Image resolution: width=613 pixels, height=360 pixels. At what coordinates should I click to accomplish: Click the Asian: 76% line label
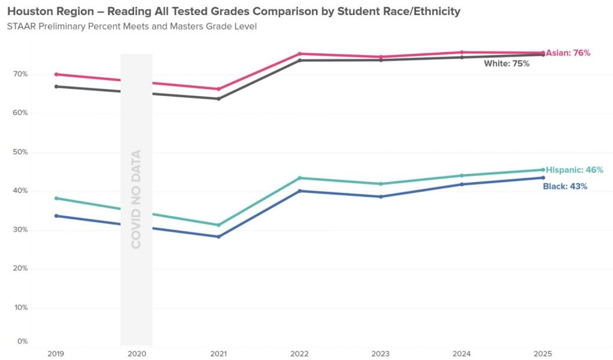coord(568,53)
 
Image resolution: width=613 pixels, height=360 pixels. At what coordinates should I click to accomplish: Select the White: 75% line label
coord(506,63)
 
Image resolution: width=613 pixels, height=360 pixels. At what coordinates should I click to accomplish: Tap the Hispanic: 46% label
coord(573,170)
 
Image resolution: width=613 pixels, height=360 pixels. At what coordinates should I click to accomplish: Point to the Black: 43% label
coord(565,186)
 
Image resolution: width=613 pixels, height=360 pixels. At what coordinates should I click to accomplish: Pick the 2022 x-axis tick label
coord(299,353)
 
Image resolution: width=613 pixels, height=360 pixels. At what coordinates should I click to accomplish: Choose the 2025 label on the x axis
coord(542,353)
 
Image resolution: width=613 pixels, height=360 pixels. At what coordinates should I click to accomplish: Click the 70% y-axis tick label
coord(20,74)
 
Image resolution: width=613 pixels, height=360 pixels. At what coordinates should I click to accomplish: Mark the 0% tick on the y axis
coord(23,341)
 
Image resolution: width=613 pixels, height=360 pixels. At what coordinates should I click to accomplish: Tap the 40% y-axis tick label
coord(20,191)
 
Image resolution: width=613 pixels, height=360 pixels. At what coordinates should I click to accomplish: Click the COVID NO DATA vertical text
coord(136,199)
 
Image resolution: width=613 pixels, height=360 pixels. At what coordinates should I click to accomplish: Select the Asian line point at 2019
coord(56,74)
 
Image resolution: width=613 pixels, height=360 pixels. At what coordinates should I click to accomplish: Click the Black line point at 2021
coord(219,237)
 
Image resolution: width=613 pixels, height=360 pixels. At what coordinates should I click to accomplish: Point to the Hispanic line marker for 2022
coord(299,178)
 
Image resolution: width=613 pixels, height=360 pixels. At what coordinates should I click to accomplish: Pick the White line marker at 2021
coord(219,98)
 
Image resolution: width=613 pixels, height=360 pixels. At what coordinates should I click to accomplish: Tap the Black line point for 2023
coord(381,196)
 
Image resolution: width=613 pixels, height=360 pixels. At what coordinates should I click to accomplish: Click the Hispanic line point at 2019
coord(56,198)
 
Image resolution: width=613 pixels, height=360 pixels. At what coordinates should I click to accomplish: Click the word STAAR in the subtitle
coord(21,27)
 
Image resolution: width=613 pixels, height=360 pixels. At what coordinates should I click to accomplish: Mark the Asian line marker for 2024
coord(462,52)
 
